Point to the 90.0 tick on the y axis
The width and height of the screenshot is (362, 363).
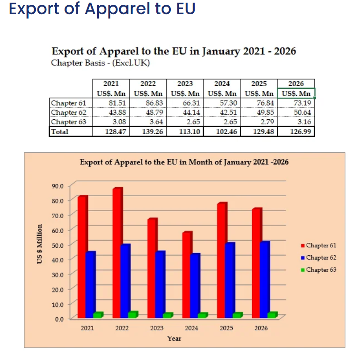click(58, 185)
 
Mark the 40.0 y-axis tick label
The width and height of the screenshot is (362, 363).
click(58, 259)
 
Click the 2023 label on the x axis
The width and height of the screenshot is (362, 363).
click(157, 328)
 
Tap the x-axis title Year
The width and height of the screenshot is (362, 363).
click(174, 338)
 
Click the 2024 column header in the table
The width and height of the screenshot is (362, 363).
click(222, 84)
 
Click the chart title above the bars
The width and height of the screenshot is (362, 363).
click(184, 162)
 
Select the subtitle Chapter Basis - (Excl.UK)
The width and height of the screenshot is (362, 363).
click(100, 63)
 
